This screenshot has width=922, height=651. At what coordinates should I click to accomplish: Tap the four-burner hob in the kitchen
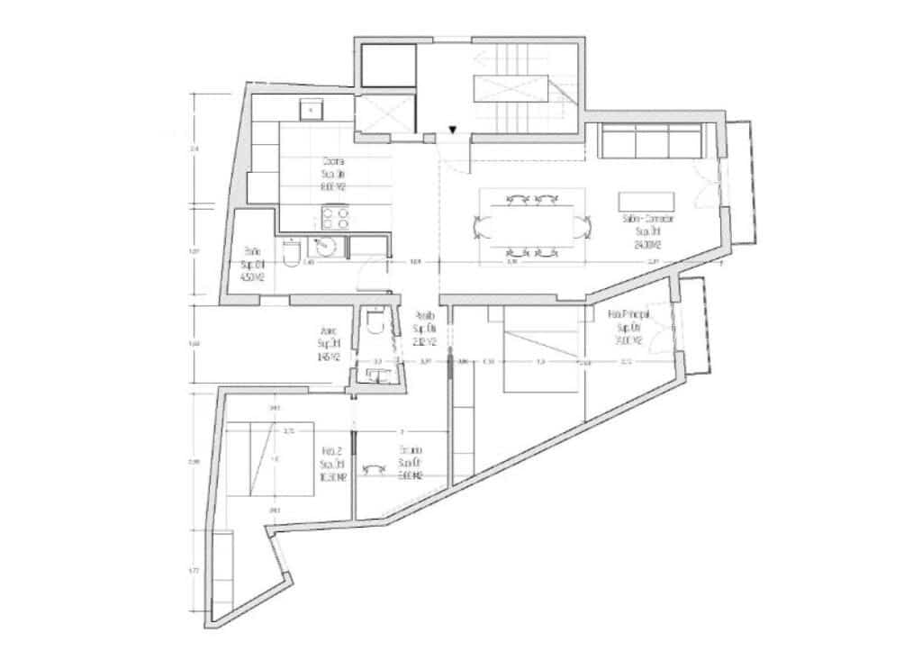click(x=335, y=219)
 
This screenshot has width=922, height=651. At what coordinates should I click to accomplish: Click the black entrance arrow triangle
click(x=454, y=130)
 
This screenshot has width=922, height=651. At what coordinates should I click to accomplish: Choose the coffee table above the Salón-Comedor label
click(x=646, y=201)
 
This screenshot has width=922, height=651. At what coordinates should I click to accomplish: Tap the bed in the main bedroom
click(x=538, y=350)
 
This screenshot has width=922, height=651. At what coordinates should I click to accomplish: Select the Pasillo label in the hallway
click(x=425, y=330)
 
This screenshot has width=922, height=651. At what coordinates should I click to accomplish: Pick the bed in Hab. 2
click(x=271, y=458)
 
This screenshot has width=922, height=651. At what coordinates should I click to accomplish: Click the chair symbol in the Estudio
click(x=367, y=468)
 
